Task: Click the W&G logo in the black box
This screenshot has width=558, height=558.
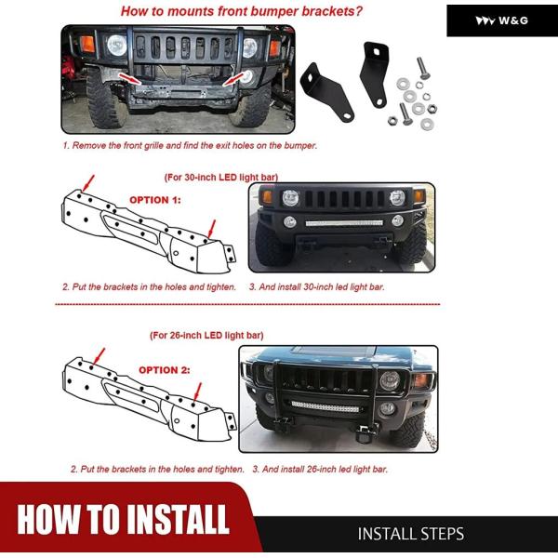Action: (x=502, y=20)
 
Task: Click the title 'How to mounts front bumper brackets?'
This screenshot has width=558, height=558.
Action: (x=241, y=11)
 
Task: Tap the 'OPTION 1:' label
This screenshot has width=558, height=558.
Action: (x=155, y=200)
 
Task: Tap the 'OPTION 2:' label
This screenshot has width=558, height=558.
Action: (x=165, y=370)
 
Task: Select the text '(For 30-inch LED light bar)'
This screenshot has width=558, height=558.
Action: (x=221, y=178)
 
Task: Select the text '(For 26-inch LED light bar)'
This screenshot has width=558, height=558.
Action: (x=206, y=335)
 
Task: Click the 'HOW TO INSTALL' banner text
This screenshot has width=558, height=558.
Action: (x=123, y=520)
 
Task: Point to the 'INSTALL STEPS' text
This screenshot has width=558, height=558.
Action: (x=411, y=534)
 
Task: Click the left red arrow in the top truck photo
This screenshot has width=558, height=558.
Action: (x=129, y=79)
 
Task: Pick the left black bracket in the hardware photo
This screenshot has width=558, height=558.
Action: (x=326, y=92)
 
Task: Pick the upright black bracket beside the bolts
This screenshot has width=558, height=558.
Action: (x=375, y=74)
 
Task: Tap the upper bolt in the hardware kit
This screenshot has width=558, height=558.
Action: (x=422, y=68)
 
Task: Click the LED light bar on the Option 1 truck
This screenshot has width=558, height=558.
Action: (x=344, y=223)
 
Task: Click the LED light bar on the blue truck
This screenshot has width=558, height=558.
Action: (x=325, y=406)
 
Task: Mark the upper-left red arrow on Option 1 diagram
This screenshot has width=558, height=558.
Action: (x=88, y=183)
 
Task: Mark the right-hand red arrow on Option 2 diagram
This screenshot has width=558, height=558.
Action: (x=197, y=392)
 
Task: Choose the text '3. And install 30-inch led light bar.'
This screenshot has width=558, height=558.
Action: (x=317, y=286)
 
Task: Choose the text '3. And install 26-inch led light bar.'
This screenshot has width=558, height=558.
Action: (x=320, y=469)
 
